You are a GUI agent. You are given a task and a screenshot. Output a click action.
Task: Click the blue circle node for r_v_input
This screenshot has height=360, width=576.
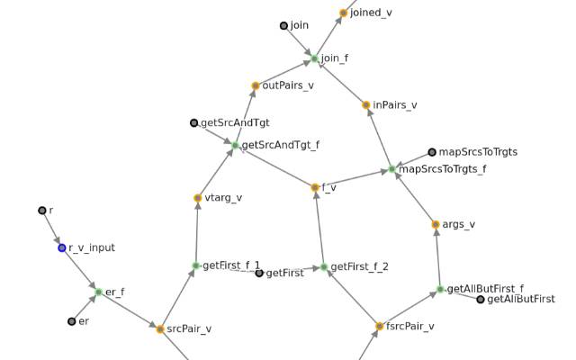62,248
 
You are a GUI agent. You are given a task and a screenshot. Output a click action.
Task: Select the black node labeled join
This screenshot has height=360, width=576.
283,26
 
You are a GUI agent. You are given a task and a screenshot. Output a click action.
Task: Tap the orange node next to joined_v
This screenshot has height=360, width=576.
344,13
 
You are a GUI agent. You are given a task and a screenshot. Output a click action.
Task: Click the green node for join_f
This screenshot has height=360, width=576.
314,58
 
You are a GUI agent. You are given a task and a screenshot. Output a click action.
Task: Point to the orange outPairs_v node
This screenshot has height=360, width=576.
256,86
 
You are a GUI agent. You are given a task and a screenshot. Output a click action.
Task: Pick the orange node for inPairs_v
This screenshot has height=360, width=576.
366,105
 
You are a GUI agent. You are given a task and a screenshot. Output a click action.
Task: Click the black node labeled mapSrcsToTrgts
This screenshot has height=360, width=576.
432,152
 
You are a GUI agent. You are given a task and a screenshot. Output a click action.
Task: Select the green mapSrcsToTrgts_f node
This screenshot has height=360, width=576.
392,169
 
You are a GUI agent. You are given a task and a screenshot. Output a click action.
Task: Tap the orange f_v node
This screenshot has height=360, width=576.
315,187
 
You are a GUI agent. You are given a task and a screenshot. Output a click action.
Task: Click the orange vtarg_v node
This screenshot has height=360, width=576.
198,198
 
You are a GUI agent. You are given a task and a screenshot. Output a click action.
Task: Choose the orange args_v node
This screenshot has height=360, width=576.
436,224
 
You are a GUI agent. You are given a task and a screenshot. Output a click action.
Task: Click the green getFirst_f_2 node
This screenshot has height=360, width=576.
324,266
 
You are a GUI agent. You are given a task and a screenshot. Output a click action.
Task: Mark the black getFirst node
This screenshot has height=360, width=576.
259,273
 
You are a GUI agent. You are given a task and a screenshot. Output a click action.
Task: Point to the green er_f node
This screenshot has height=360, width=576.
98,292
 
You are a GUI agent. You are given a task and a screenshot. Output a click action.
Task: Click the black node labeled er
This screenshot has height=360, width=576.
72,321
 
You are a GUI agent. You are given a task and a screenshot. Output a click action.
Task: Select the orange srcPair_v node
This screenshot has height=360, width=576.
160,329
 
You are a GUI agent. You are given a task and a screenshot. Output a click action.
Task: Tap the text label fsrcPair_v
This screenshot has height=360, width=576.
410,326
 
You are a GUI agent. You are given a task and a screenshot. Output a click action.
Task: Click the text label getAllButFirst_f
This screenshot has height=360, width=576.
485,289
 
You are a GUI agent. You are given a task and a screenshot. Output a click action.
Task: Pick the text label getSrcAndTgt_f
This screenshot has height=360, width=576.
281,145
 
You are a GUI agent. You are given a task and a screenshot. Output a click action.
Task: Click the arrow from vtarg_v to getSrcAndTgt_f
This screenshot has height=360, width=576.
216,173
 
